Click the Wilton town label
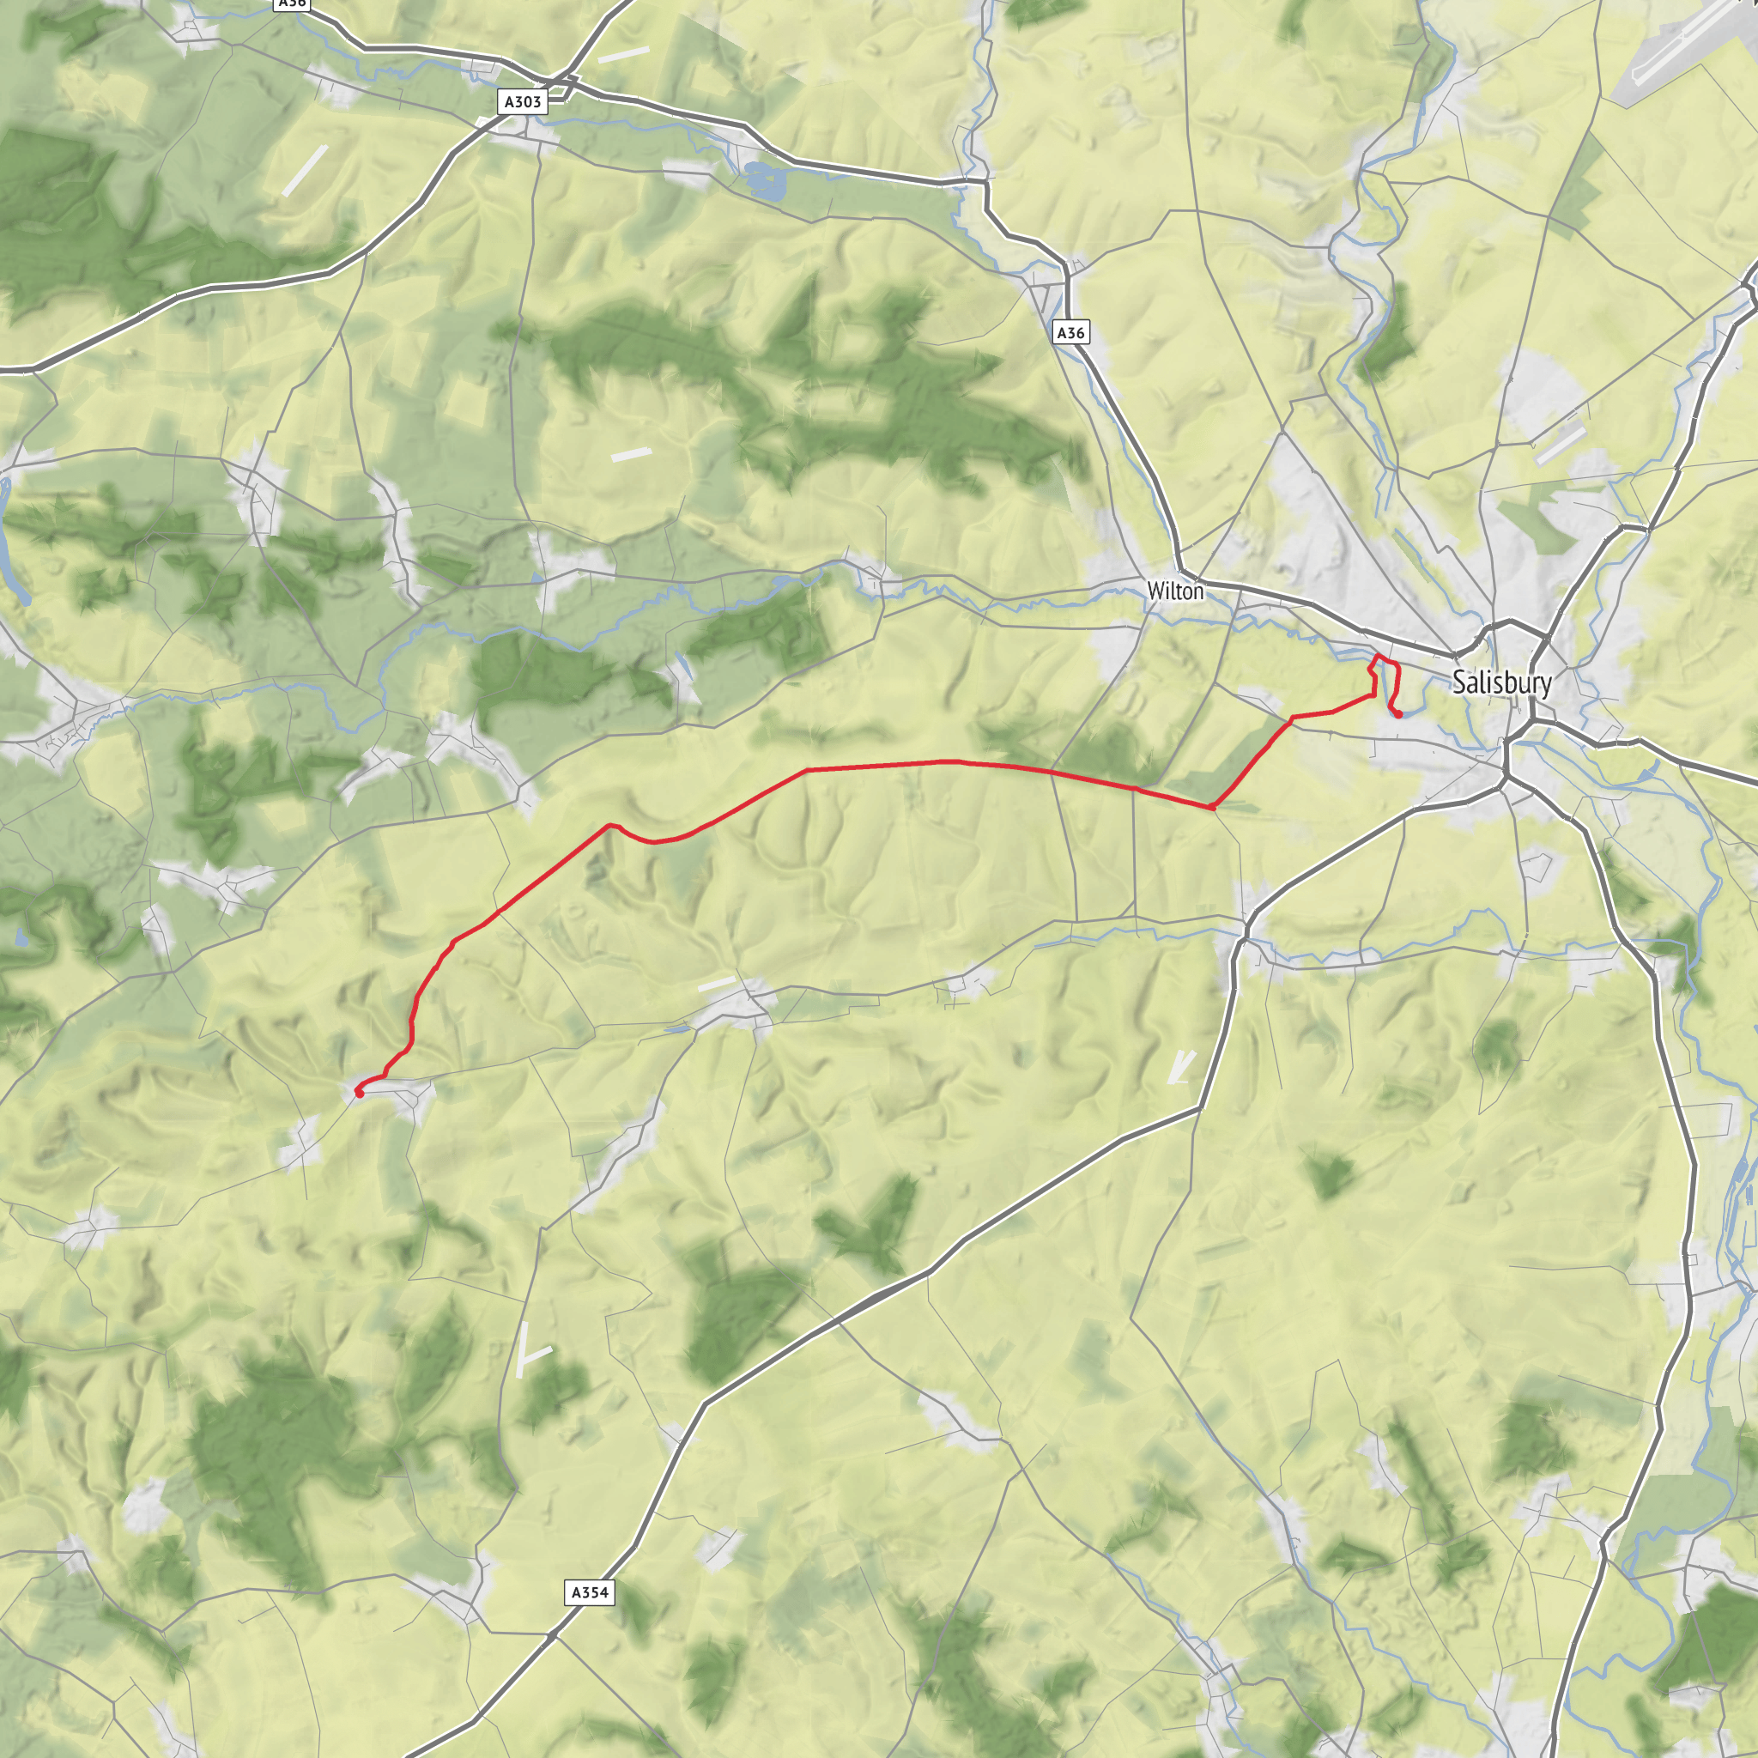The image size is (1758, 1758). coord(1175,591)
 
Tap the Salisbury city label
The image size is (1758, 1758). coord(1501,682)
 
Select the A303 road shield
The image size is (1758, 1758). coord(524,102)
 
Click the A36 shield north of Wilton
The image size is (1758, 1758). coord(1070,333)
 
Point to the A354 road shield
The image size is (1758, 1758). coord(589,1592)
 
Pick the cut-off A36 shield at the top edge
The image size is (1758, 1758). coord(291,3)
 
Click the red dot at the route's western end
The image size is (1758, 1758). coord(360,1092)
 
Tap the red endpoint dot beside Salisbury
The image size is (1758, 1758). coord(1397,714)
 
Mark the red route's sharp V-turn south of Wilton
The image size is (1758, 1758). coord(1212,807)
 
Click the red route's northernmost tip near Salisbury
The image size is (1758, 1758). coord(1378,655)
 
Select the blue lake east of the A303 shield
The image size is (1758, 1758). coord(762,179)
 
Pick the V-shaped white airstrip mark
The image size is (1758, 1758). coord(1180,1066)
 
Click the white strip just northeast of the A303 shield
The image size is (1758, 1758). coord(623,55)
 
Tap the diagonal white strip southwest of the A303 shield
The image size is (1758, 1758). coord(304,170)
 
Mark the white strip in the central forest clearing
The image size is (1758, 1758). coord(631,454)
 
